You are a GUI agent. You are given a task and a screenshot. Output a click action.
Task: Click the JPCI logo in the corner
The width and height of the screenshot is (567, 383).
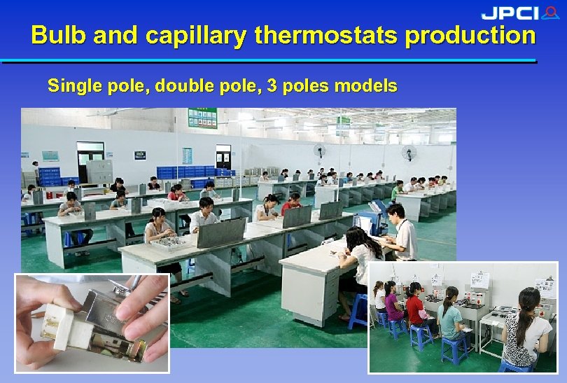[519, 13]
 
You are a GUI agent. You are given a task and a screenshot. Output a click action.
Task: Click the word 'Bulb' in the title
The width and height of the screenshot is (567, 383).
[57, 35]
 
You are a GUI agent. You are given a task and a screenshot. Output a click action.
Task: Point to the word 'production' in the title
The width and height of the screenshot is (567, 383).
[470, 35]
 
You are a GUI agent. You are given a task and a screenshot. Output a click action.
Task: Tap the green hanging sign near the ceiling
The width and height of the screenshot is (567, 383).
[202, 118]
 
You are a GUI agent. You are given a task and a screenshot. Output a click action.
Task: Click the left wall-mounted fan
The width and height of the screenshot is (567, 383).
[320, 151]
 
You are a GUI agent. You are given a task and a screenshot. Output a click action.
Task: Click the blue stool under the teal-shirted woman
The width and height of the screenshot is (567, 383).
[454, 347]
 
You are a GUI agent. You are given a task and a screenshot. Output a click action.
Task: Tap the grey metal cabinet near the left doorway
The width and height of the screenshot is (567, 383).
[99, 171]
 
